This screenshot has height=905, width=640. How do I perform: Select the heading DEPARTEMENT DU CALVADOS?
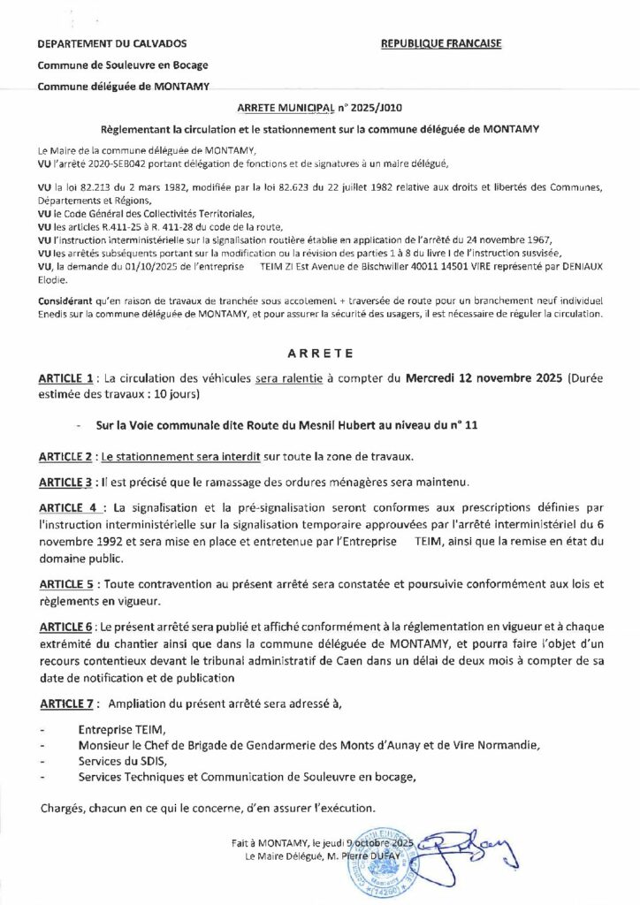point(112,43)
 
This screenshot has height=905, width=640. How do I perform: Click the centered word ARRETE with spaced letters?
point(319,353)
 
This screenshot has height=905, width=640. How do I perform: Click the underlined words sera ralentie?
point(293,378)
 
